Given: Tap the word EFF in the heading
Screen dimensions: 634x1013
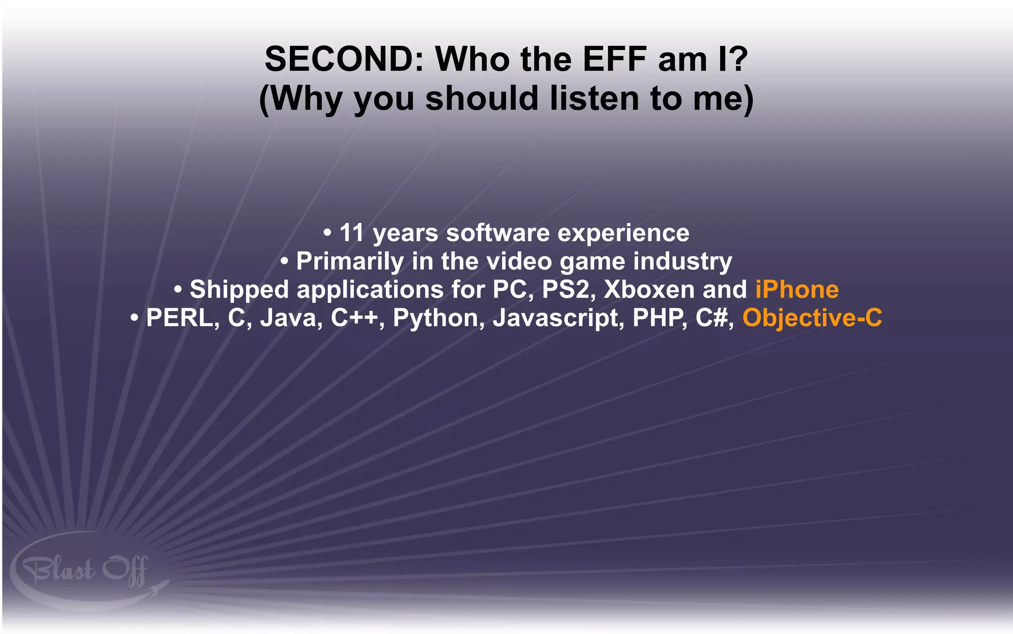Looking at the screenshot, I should point(615,59).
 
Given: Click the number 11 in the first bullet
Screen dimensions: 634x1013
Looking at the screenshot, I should point(352,233).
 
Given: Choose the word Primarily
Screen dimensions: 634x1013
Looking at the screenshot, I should point(350,261).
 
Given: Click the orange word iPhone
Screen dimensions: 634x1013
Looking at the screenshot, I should point(797,290).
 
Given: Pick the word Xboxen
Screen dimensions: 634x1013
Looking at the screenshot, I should point(649,290).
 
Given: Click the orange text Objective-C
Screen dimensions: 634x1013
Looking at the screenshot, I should point(812,318).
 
